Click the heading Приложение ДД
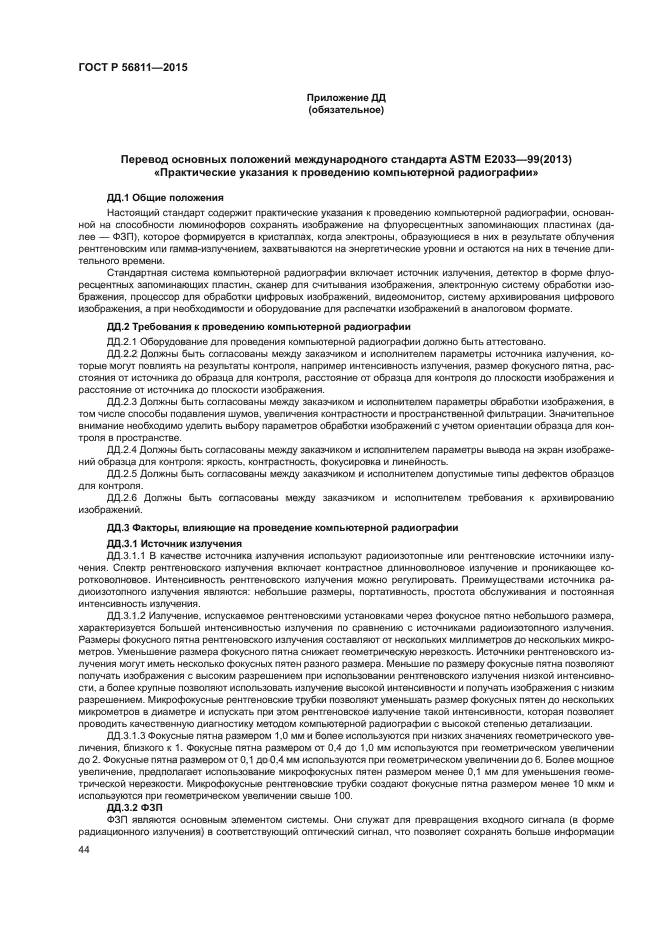coord(346,98)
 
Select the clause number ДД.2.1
coord(123,342)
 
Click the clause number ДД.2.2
coord(123,354)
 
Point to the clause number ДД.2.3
coord(123,400)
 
